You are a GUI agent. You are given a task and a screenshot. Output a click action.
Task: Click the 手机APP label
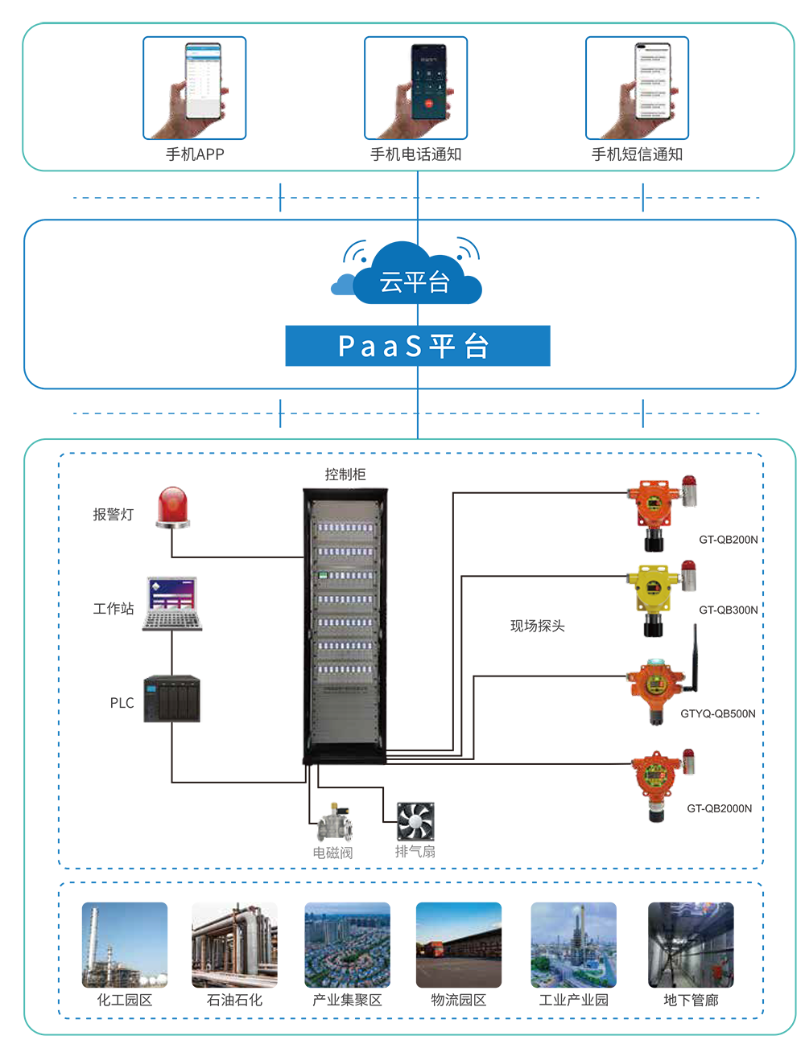coord(195,154)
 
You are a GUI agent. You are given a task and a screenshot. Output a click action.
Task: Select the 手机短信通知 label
coord(637,154)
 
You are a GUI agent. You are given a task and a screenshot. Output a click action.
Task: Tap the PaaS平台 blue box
coord(417,346)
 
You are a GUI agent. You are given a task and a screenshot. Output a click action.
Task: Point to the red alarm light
coord(173,508)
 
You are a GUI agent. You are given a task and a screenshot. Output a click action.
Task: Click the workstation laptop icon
coord(172,602)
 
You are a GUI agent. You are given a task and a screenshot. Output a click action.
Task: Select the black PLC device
coord(172,698)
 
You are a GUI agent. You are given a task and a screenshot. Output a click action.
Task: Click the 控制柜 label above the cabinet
coord(345,475)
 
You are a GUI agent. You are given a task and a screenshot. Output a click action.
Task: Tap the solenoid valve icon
coord(332,823)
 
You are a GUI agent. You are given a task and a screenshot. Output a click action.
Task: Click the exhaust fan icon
coord(415,821)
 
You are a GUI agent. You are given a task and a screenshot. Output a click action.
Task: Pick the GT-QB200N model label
coord(728,540)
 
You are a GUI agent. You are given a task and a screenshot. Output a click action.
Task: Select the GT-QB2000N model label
coord(719,808)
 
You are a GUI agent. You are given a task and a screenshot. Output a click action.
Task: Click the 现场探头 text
coord(538,626)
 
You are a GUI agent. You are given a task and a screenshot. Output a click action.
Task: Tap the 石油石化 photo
coord(234,945)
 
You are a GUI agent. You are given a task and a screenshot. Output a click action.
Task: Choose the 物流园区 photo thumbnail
coord(458,945)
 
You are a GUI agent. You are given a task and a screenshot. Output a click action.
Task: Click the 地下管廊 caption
coord(691,1000)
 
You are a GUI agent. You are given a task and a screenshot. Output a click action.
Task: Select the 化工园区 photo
coord(125,945)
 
